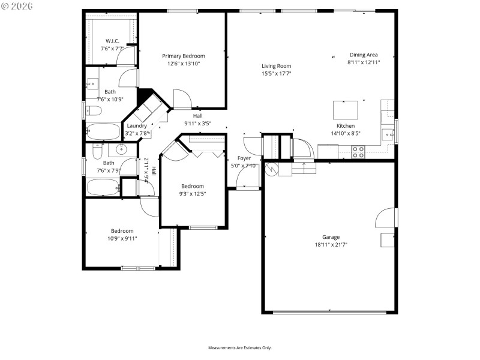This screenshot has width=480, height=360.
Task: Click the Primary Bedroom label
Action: tap(184, 56)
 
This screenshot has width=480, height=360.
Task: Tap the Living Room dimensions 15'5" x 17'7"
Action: tap(276, 74)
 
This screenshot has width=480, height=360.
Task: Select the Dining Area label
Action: tap(364, 55)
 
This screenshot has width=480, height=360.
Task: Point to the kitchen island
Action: tap(346, 110)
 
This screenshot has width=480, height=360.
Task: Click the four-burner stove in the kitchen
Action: tap(358, 152)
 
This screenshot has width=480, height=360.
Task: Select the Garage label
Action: tap(331, 237)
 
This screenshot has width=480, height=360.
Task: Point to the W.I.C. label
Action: tap(112, 41)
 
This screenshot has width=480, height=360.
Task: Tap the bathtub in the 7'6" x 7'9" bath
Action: tap(103, 187)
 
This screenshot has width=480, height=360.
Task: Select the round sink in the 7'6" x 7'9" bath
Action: tap(124, 149)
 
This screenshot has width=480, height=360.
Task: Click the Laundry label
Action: tap(137, 126)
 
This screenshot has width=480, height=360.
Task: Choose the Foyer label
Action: tap(244, 158)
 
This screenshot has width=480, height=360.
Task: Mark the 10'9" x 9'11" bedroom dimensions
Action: tap(122, 238)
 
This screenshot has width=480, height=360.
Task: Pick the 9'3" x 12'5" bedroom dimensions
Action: tap(193, 194)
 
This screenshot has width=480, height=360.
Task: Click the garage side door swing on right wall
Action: tap(387, 217)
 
